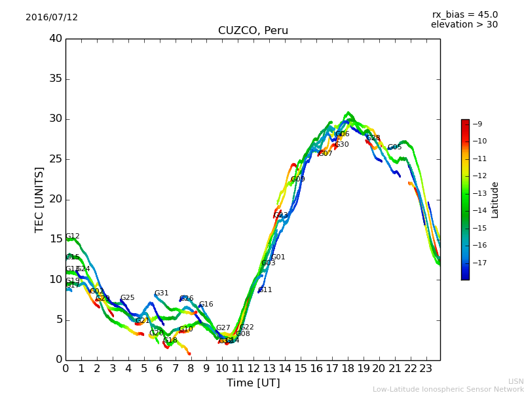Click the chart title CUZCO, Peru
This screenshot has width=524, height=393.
tap(253, 31)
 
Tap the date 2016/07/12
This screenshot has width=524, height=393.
tap(52, 18)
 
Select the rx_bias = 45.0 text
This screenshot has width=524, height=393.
tap(464, 14)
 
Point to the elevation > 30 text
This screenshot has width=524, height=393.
tap(464, 25)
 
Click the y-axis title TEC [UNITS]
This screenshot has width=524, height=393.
tap(39, 199)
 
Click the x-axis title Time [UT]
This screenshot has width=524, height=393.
tap(253, 383)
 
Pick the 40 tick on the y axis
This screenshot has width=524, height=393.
tap(55, 39)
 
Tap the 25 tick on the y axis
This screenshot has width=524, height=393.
tap(55, 159)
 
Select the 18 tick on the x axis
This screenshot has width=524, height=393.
tap(348, 369)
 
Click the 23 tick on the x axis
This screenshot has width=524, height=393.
tap(426, 369)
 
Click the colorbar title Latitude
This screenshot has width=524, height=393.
tap(495, 200)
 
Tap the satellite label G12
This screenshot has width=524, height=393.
tap(73, 236)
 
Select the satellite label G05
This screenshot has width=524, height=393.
tap(394, 147)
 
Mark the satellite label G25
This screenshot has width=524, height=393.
tap(127, 298)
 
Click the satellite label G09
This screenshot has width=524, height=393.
tap(297, 179)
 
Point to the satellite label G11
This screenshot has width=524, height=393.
tap(265, 290)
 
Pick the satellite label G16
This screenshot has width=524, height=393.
tap(206, 305)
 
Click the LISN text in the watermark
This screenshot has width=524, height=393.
tap(515, 381)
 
